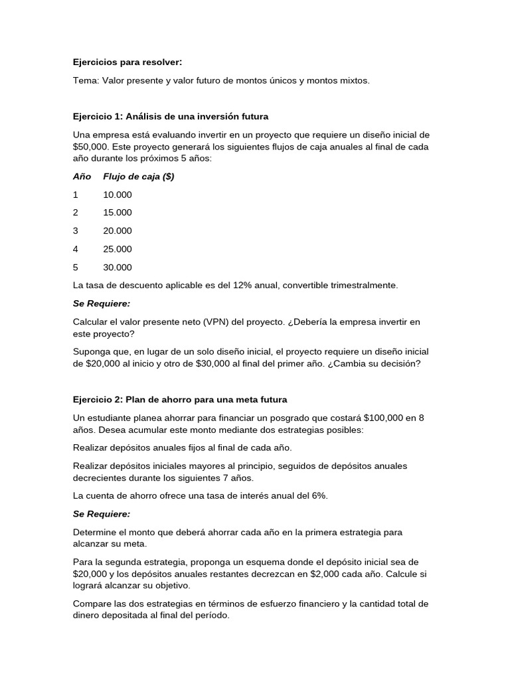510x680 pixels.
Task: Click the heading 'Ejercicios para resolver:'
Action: (127, 62)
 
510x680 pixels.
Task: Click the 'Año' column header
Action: (82, 177)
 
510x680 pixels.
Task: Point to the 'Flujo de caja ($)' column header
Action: (139, 177)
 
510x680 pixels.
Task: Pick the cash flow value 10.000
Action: (118, 195)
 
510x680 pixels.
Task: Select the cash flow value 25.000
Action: (118, 249)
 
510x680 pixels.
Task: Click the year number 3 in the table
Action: (76, 231)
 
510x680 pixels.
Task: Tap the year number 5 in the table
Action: (76, 268)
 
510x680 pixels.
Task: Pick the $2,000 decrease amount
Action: (329, 574)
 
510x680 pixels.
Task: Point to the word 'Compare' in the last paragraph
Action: (92, 604)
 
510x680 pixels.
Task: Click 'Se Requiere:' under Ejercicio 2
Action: (102, 514)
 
